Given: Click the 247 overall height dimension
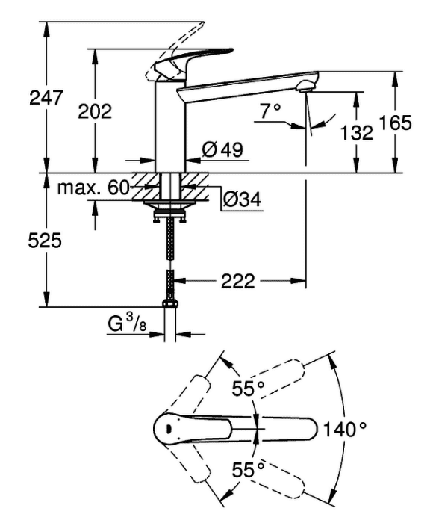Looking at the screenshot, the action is pos(46,98).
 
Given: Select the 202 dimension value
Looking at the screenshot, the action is pos(95,111).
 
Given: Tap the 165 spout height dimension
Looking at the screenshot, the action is pos(396,123).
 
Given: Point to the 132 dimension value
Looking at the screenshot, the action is pos(357,132).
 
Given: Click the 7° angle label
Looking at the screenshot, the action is pos(270,111).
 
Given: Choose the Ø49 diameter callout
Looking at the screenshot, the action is pos(222,149).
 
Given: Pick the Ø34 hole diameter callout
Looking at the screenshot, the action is pos(243,199).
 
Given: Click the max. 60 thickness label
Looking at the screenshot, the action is pos(93,188).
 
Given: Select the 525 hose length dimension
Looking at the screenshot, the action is pos(45,240).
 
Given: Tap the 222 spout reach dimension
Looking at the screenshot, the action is pos(237,281).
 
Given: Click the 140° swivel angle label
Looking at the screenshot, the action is pos(345,429).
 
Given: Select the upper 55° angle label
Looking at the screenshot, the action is pos(249,389).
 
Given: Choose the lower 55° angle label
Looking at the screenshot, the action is pos(249,470).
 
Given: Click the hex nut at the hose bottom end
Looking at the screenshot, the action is pos(170,303).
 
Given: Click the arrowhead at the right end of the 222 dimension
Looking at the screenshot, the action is pos(299,281).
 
